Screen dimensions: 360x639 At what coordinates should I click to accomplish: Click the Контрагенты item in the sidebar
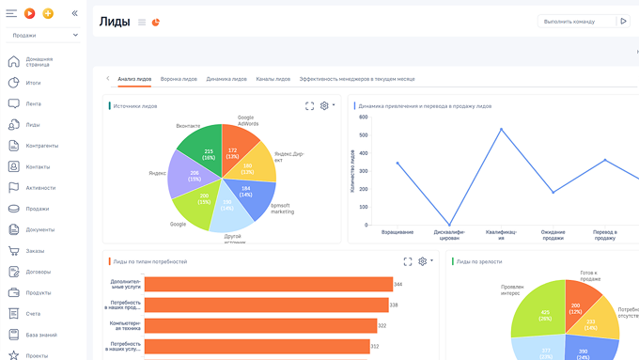pyautogui.click(x=41, y=146)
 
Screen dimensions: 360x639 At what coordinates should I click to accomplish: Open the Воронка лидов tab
pyautogui.click(x=179, y=79)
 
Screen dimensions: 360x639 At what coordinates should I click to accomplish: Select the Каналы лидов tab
pyautogui.click(x=273, y=79)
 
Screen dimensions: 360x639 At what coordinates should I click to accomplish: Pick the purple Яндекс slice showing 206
pyautogui.click(x=193, y=177)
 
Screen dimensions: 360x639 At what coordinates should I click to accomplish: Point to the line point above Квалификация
pyautogui.click(x=501, y=129)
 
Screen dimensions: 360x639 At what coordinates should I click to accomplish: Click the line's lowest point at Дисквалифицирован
pyautogui.click(x=448, y=224)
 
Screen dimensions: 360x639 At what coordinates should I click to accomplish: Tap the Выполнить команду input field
pyautogui.click(x=576, y=21)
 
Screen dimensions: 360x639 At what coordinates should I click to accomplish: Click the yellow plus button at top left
pyautogui.click(x=48, y=13)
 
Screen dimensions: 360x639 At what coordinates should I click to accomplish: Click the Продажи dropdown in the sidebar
pyautogui.click(x=43, y=35)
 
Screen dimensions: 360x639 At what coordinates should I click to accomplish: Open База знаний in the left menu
pyautogui.click(x=41, y=335)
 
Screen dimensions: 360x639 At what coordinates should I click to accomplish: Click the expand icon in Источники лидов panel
pyautogui.click(x=309, y=106)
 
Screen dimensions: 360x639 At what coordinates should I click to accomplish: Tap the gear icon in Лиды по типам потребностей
pyautogui.click(x=423, y=261)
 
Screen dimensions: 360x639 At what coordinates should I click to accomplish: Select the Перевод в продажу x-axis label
pyautogui.click(x=604, y=234)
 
